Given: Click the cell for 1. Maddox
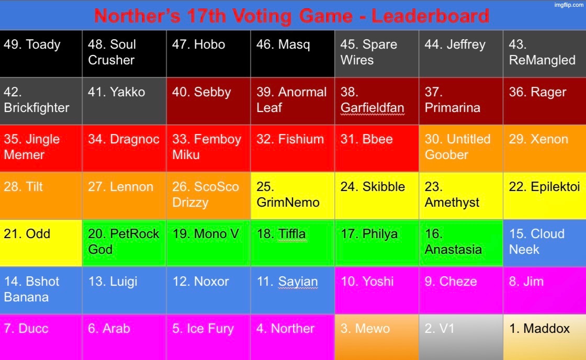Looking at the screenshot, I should pyautogui.click(x=544, y=336).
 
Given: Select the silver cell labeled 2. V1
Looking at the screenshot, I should pyautogui.click(x=460, y=336).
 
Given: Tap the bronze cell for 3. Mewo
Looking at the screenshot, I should pyautogui.click(x=376, y=336).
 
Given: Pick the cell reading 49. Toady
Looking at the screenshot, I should pyautogui.click(x=41, y=53).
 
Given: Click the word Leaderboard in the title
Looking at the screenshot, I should pyautogui.click(x=431, y=15).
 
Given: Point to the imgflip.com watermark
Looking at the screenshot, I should pyautogui.click(x=569, y=5).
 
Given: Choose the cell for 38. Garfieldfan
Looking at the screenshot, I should pyautogui.click(x=376, y=100).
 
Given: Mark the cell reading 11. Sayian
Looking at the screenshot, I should pyautogui.click(x=292, y=290).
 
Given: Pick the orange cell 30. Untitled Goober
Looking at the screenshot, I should pyautogui.click(x=460, y=148).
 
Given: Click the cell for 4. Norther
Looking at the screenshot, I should pyautogui.click(x=292, y=336).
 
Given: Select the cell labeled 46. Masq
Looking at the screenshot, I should pyautogui.click(x=292, y=53).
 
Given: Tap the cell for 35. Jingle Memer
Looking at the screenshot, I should pyautogui.click(x=41, y=148).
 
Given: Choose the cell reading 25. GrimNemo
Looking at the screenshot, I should pyautogui.click(x=292, y=195).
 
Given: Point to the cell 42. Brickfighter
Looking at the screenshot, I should pyautogui.click(x=41, y=100).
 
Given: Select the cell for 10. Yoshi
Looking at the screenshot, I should pyautogui.click(x=376, y=290).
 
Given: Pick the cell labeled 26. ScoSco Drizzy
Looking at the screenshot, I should pyautogui.click(x=208, y=195).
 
